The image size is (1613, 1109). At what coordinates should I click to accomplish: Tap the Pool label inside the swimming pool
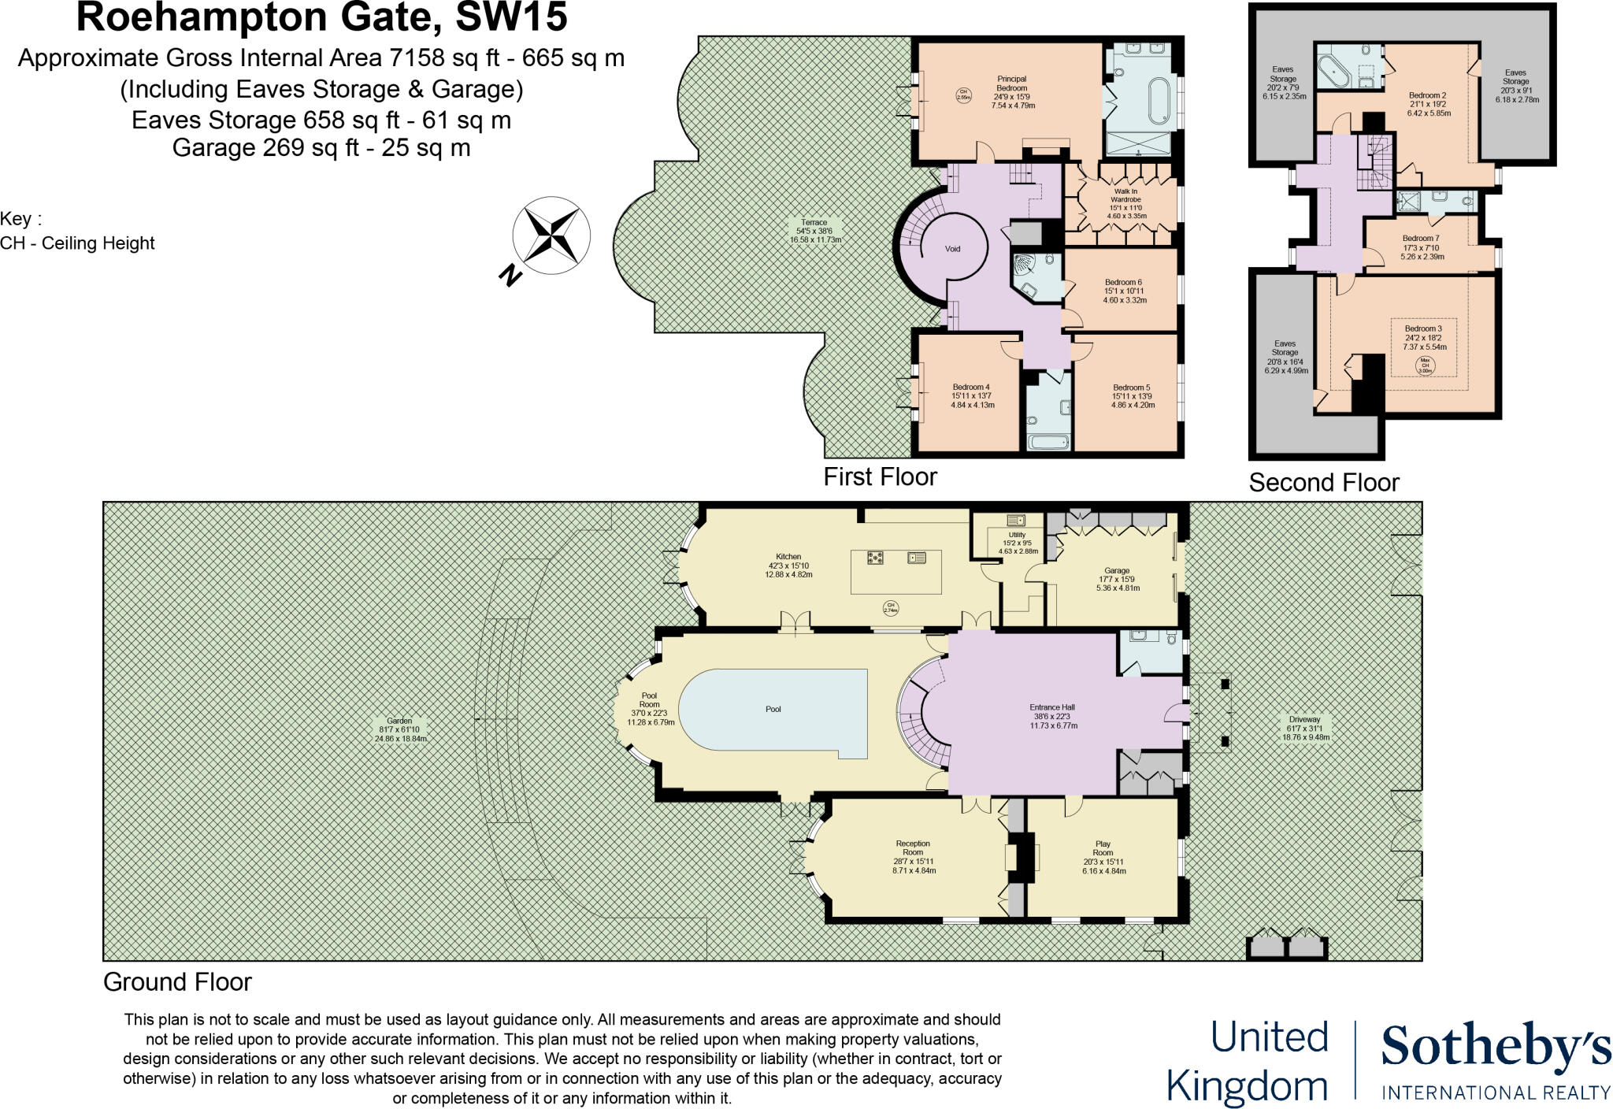click(773, 710)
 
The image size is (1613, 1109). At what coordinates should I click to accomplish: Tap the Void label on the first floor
click(953, 249)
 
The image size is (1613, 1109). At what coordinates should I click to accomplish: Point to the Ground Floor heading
click(177, 982)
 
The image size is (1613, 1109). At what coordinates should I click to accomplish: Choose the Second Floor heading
click(1324, 482)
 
